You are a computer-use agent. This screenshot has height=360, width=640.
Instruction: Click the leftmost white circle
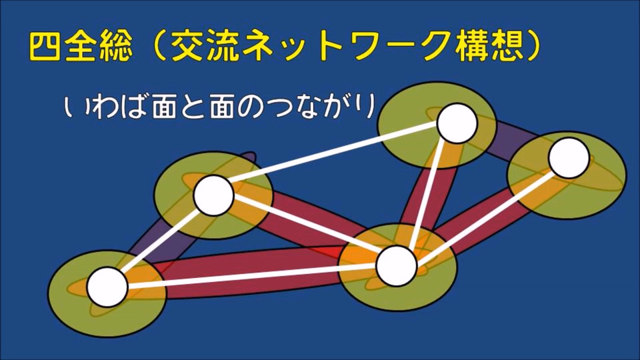pyautogui.click(x=107, y=287)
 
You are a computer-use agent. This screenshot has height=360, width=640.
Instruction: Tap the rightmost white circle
pyautogui.click(x=569, y=158)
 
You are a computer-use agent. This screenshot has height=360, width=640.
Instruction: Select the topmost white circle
pyautogui.click(x=457, y=123)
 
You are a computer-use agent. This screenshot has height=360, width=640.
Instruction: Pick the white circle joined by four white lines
pyautogui.click(x=397, y=266)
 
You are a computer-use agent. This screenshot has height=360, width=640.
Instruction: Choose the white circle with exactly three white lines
pyautogui.click(x=213, y=195)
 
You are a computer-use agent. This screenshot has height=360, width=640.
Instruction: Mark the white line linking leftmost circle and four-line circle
pyautogui.click(x=252, y=275)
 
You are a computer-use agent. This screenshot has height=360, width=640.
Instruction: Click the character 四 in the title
pyautogui.click(x=45, y=47)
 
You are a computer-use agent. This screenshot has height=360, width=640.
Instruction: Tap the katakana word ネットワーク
pyautogui.click(x=330, y=47)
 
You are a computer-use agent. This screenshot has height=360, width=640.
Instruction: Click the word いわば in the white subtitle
pyautogui.click(x=105, y=106)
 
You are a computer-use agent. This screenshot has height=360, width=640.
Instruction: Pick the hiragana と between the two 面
pyautogui.click(x=193, y=106)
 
